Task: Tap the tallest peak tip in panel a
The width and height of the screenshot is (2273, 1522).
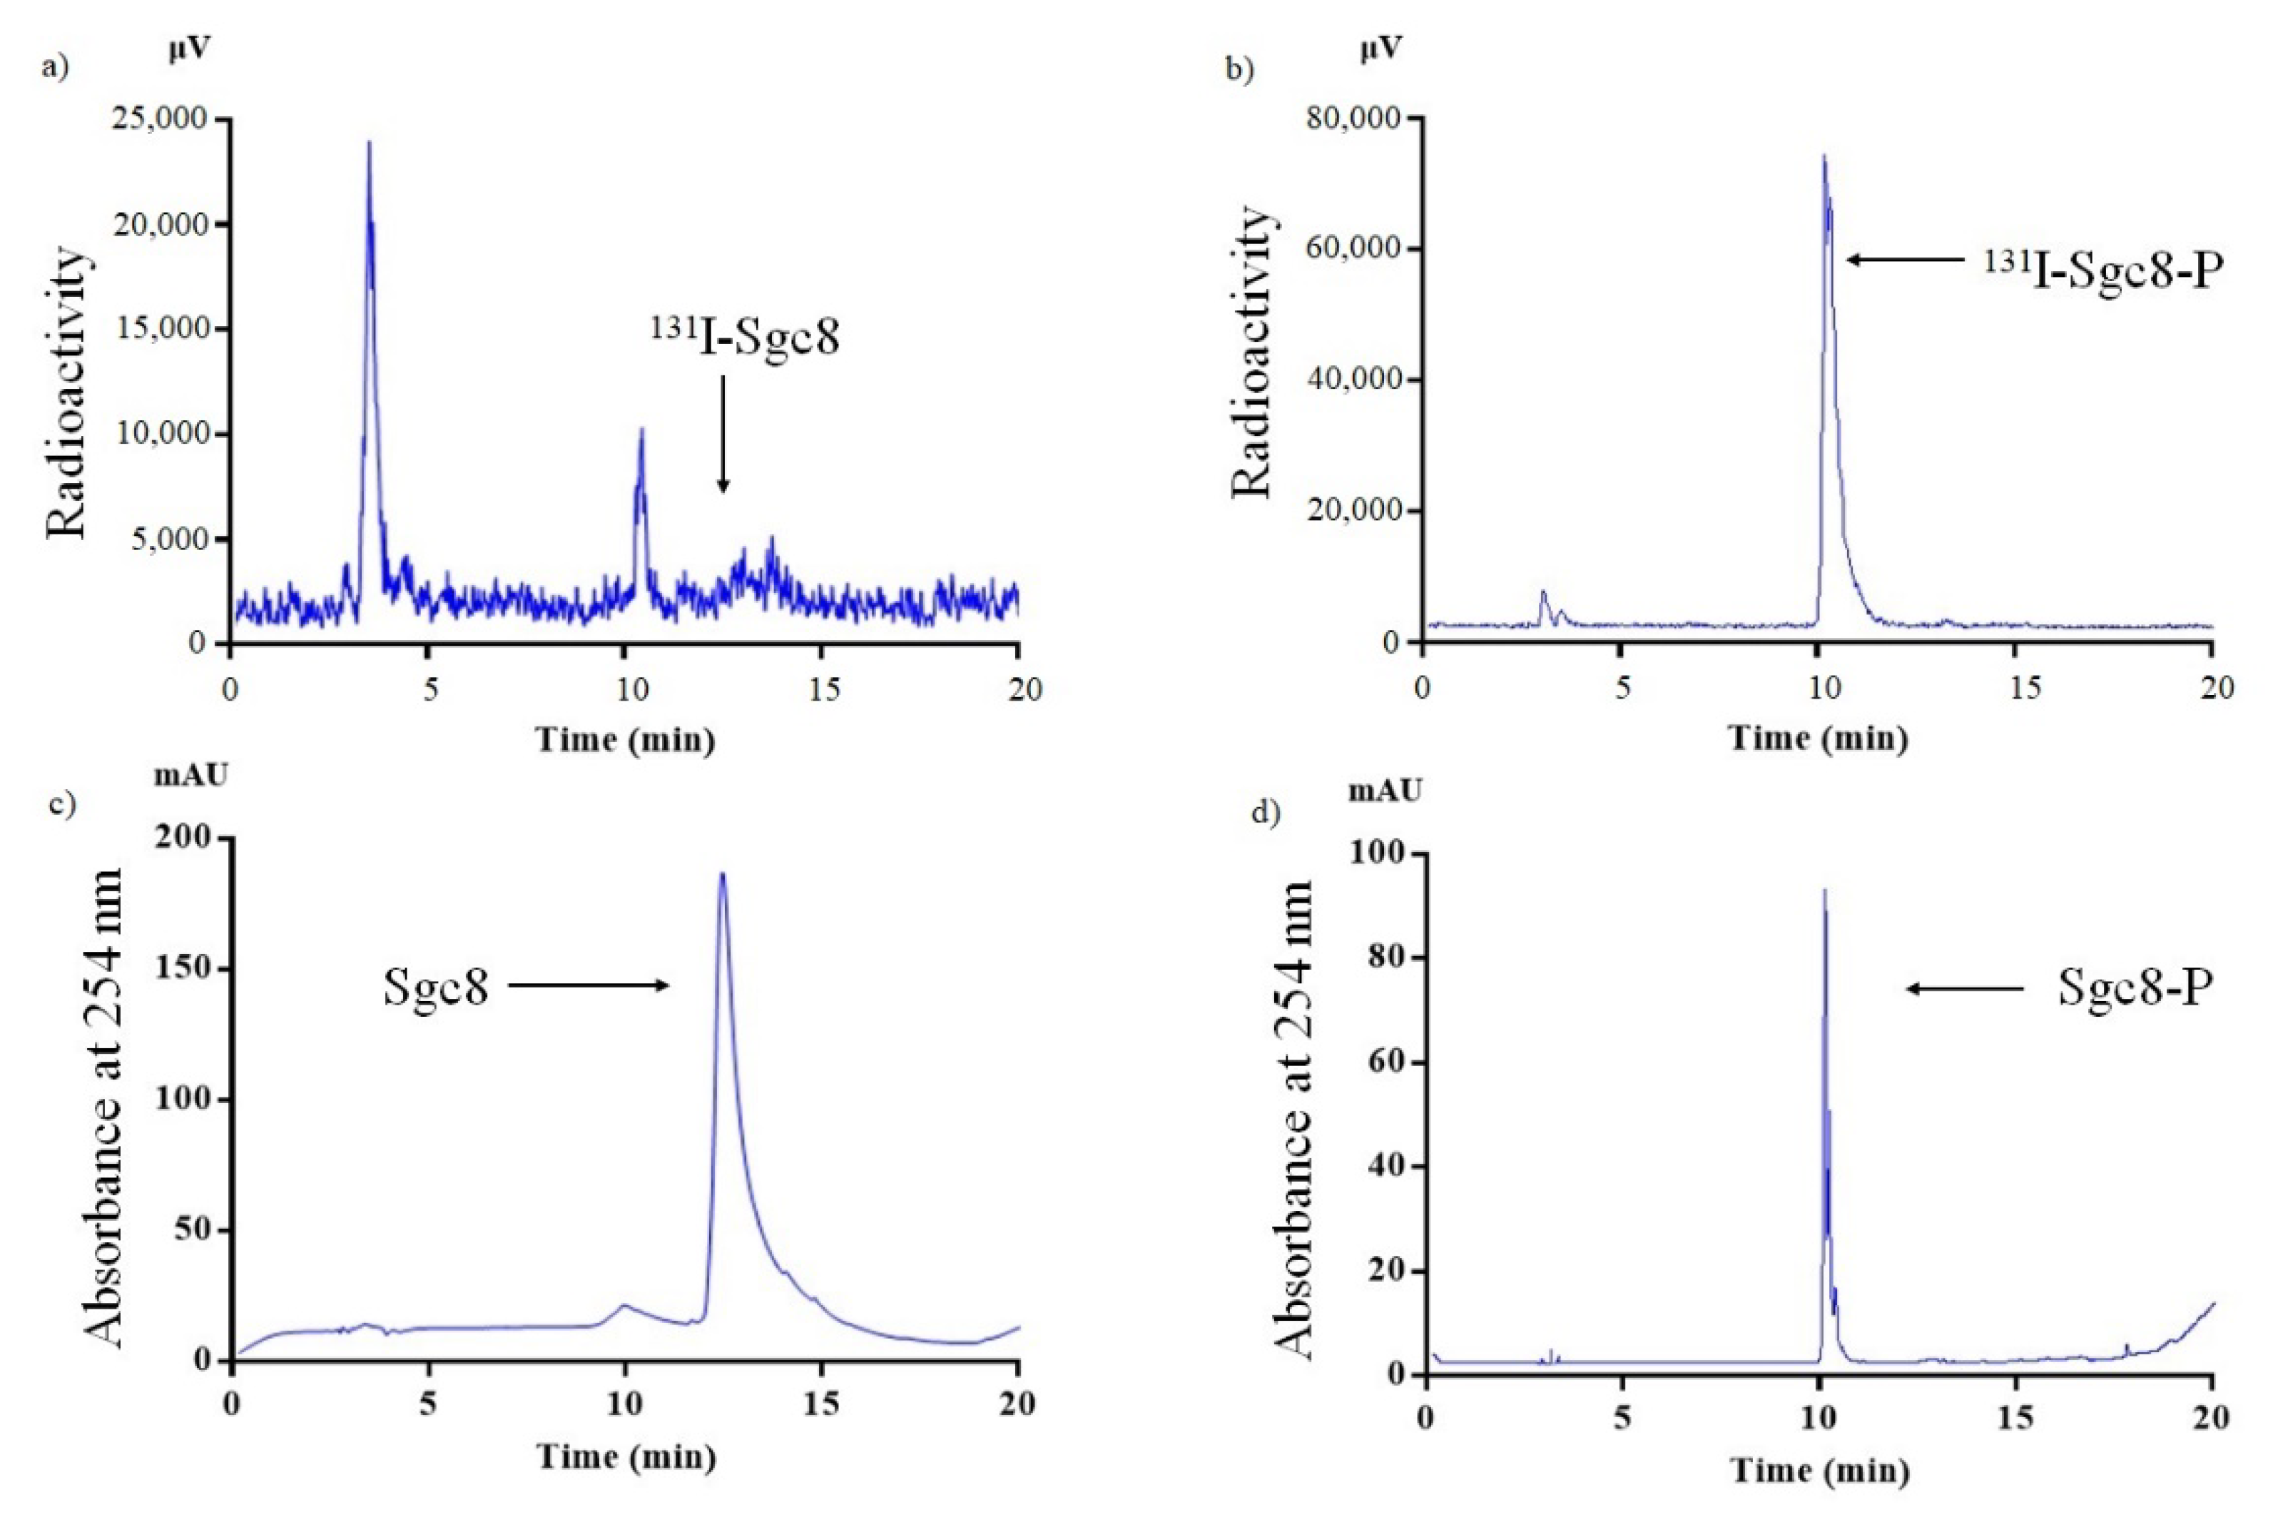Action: (369, 143)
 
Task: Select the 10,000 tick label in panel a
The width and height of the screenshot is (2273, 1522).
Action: (161, 434)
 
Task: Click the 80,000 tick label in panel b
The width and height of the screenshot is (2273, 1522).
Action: (1354, 118)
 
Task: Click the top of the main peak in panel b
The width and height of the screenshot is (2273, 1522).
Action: (1824, 157)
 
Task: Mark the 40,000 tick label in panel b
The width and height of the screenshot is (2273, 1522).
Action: (1354, 380)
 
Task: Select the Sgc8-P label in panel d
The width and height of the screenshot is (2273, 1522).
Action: (2135, 988)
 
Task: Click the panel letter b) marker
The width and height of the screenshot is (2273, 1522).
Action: (1241, 70)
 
